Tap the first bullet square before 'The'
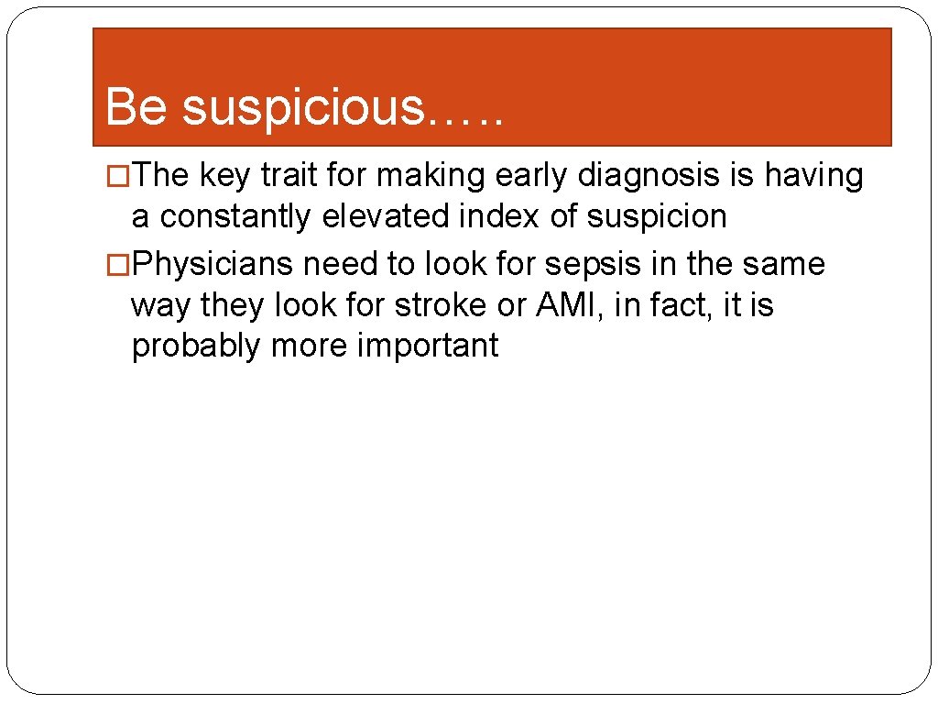[117, 176]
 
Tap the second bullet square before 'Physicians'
[117, 265]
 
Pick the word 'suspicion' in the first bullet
[656, 218]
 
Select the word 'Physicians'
[213, 265]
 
